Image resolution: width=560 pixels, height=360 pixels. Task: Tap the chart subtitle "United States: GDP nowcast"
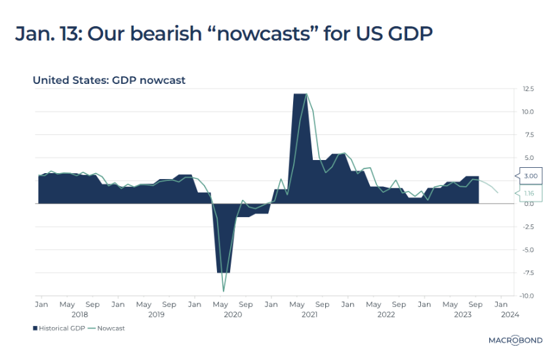109,80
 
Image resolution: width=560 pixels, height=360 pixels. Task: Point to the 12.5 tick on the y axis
528,89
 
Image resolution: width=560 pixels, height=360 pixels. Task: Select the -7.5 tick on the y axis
528,273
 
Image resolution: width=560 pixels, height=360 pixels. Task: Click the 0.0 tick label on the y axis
528,204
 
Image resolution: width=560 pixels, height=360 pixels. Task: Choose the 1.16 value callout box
530,193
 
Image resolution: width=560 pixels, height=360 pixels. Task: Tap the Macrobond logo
515,340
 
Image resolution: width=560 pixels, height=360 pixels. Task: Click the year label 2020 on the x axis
233,315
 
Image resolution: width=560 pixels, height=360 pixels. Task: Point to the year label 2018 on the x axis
79,315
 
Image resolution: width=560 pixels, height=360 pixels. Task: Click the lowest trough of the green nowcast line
224,290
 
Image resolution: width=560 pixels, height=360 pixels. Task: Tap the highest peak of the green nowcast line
307,94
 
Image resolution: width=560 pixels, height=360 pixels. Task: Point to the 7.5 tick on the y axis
528,134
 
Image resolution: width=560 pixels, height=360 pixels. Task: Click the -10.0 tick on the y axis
527,296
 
